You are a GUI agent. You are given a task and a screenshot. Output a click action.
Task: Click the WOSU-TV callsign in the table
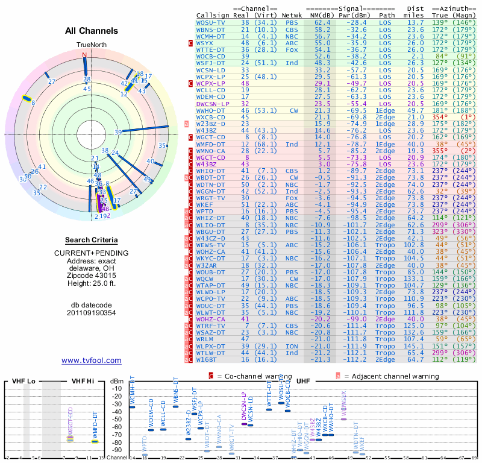[x=210, y=22]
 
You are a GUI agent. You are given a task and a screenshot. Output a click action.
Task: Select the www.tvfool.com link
[x=92, y=361]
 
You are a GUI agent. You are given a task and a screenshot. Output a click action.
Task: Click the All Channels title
[x=92, y=31]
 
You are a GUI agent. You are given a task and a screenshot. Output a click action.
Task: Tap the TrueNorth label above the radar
[x=90, y=45]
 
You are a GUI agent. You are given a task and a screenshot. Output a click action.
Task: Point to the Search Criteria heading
[x=92, y=240]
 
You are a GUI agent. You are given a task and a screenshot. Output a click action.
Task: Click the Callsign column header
[x=213, y=14]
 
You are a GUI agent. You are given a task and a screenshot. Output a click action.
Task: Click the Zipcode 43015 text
[x=92, y=273]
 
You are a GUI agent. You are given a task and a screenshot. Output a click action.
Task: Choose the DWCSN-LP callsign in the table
[x=213, y=104]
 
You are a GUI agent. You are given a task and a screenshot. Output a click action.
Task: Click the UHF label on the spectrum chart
[x=304, y=382]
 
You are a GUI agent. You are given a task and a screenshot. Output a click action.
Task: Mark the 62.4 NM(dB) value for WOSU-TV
[x=322, y=22]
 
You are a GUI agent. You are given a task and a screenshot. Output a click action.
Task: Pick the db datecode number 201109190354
[x=92, y=312]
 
